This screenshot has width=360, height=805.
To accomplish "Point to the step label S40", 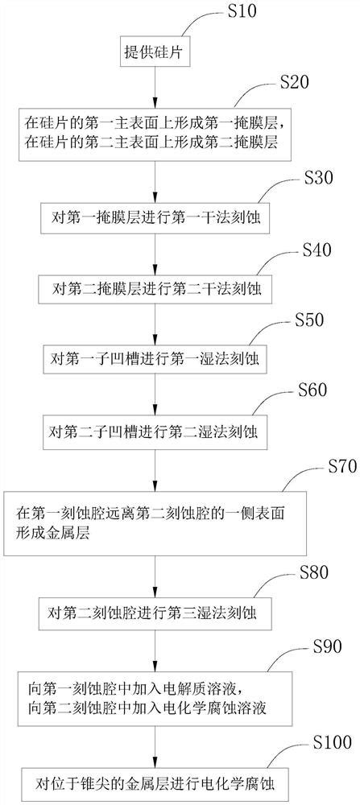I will point(309,250).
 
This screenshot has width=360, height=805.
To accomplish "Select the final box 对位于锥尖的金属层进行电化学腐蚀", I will point(156,782).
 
